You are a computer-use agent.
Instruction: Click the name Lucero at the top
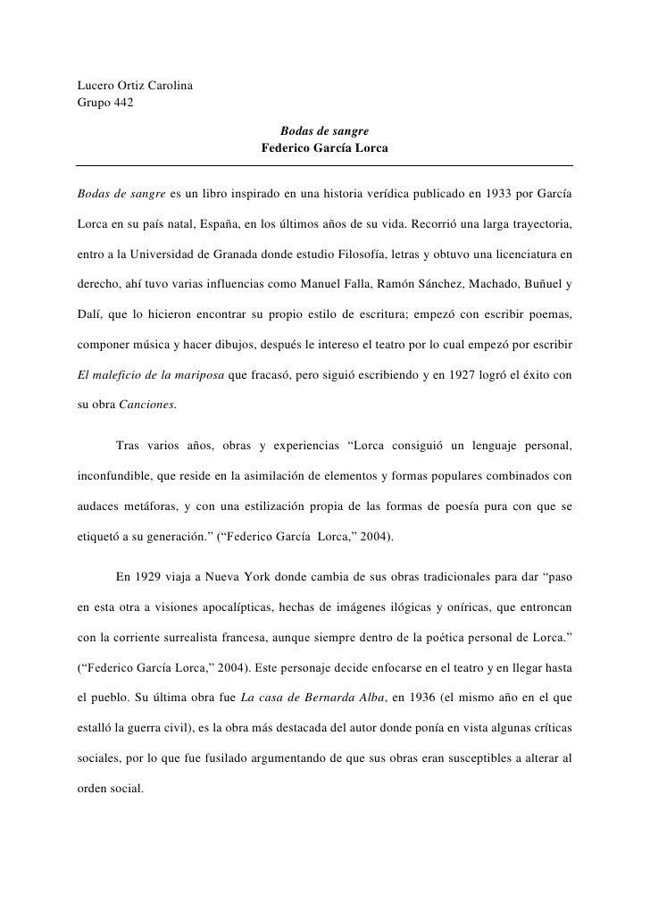coord(96,86)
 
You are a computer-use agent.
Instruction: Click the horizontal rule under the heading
coord(324,165)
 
